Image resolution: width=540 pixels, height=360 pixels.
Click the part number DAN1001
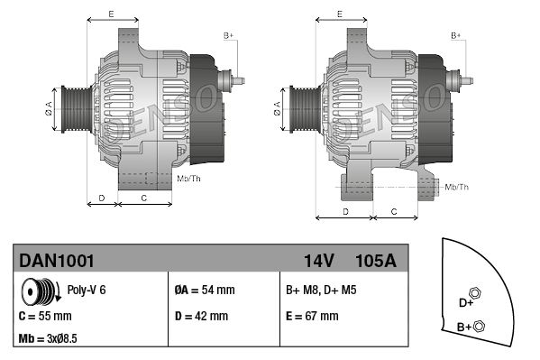tap(57, 261)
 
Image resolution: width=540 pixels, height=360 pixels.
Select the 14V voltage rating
tap(319, 261)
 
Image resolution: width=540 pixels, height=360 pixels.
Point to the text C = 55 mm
tap(46, 317)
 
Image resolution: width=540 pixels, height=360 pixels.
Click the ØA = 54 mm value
tap(204, 291)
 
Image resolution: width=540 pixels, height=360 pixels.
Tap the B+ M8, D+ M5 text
tap(322, 291)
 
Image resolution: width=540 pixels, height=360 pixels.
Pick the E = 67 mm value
tap(312, 317)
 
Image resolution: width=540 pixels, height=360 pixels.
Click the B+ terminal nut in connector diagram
tap(479, 327)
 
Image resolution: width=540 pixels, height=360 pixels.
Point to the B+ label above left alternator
tap(228, 35)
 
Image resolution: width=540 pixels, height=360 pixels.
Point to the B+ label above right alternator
tap(456, 35)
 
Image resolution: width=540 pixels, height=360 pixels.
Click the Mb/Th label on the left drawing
tap(189, 179)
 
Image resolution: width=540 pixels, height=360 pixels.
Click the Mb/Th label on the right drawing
tap(457, 187)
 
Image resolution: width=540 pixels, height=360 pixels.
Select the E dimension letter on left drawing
tap(110, 14)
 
